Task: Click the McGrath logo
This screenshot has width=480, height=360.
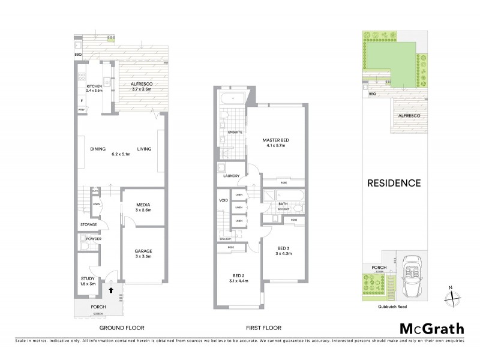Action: [x=431, y=328]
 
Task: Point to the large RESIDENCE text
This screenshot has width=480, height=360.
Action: [x=394, y=183]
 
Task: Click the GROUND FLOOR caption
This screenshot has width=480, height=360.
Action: [x=122, y=328]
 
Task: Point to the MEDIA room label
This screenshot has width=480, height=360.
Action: [x=142, y=205]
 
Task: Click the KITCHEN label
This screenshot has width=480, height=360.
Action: [x=95, y=86]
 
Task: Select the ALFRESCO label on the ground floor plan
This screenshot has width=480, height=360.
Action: [x=142, y=85]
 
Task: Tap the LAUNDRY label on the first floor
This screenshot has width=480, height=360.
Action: [x=232, y=176]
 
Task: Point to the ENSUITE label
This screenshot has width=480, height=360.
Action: [x=235, y=131]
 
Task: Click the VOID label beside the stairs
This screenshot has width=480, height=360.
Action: [x=223, y=200]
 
